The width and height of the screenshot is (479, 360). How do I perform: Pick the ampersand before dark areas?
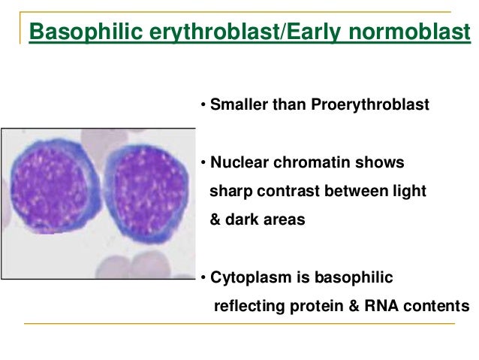(x=214, y=219)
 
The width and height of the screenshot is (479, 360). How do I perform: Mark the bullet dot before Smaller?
(x=203, y=105)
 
